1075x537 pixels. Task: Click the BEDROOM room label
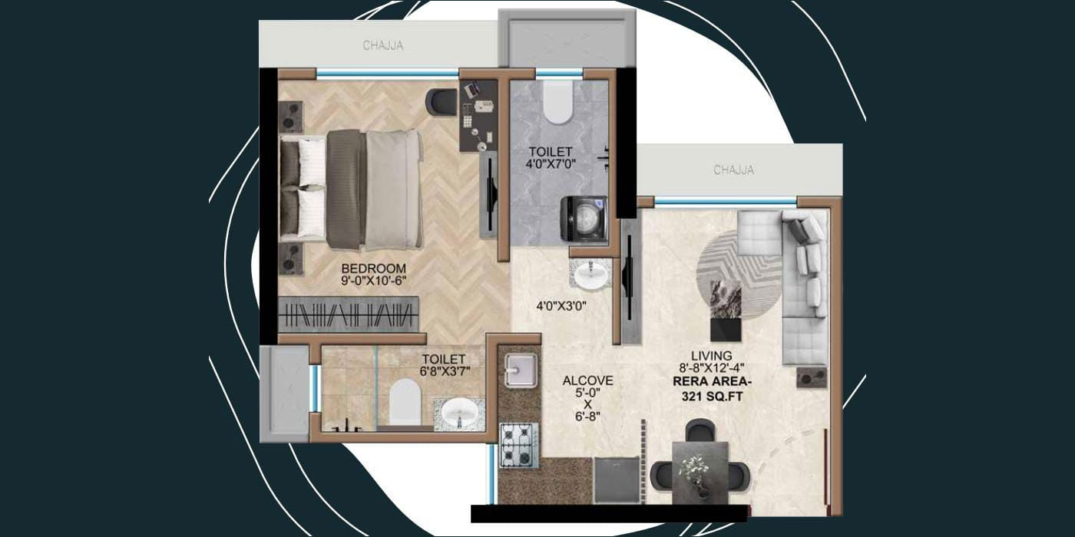[373, 268]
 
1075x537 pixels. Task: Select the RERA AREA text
[711, 382]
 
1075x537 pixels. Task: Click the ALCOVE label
[587, 381]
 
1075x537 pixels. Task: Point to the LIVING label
[711, 356]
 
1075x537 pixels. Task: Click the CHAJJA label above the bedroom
[383, 46]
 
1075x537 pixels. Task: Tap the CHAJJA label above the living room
[733, 170]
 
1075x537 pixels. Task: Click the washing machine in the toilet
[585, 219]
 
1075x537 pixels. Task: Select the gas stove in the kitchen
[518, 444]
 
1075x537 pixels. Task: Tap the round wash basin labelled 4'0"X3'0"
[591, 276]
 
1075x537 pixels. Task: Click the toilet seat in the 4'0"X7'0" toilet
[557, 104]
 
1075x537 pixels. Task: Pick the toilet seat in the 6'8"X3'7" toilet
[405, 401]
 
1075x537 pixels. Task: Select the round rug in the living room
[739, 272]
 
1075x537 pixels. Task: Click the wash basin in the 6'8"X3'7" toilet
[459, 414]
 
